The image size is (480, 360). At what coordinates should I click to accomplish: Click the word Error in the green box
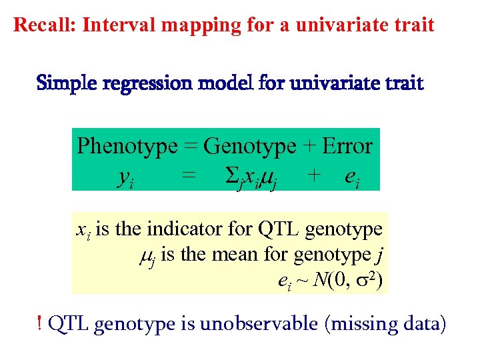pos(347,145)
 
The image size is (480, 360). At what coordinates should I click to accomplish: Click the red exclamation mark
pos(42,324)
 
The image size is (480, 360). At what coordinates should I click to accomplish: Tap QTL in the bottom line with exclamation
pos(69,325)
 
